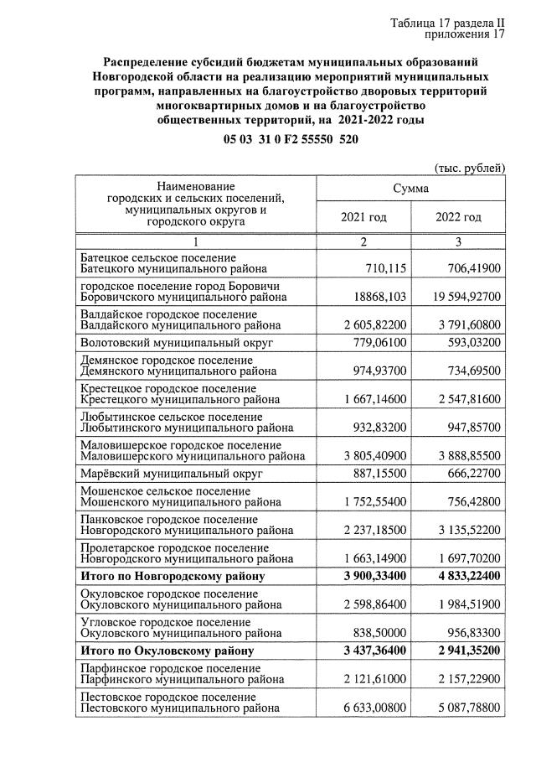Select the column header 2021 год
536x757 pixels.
[363, 218]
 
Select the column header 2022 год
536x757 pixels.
[458, 218]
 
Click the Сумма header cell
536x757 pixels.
[410, 189]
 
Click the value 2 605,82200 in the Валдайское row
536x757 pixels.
[368, 324]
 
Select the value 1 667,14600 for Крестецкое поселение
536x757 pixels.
[368, 400]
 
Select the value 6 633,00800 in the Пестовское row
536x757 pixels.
[368, 708]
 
